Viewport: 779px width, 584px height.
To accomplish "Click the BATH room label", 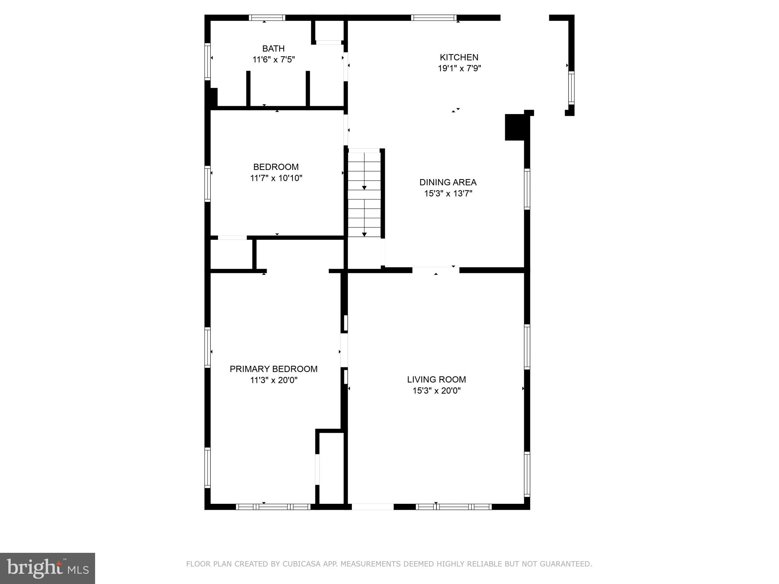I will (273, 49).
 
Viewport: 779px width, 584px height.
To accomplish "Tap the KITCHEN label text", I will (459, 57).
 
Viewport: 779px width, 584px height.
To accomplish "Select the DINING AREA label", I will (448, 182).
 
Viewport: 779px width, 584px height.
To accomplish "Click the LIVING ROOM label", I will (436, 379).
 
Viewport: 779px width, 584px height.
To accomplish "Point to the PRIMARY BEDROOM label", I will (273, 369).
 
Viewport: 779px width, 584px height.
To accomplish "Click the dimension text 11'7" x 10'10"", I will (276, 178).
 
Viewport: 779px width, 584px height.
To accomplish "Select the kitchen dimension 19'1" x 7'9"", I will (459, 68).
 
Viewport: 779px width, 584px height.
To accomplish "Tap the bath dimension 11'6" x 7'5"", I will (273, 60).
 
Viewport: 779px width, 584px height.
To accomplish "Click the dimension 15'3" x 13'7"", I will (448, 194).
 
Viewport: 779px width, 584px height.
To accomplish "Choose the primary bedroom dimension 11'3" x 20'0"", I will (273, 380).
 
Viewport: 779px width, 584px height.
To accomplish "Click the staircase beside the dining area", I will (364, 194).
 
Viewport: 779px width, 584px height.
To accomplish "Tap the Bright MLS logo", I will (48, 568).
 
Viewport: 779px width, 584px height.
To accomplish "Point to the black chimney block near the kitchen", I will (515, 127).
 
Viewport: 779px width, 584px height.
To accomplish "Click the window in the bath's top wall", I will (267, 18).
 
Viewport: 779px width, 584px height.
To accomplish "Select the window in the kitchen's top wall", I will (434, 18).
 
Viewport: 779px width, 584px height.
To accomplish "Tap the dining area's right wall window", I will (527, 189).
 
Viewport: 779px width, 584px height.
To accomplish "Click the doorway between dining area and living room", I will (436, 270).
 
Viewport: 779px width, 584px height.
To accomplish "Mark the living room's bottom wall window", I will (453, 506).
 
